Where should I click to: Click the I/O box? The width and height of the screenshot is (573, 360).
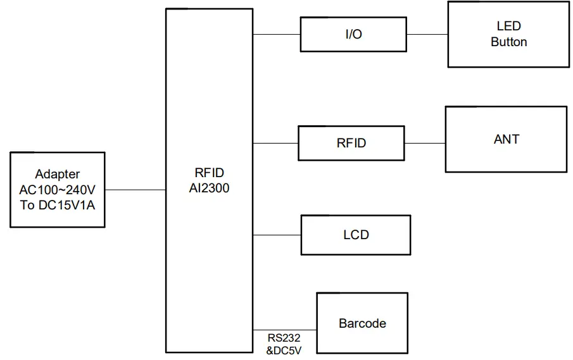353,34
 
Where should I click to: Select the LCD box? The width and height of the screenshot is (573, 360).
355,235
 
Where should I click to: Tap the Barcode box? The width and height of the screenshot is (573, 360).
362,323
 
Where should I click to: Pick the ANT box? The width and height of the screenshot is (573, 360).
506,139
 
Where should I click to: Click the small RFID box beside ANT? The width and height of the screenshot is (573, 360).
351,143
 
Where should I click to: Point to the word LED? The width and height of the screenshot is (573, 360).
508,27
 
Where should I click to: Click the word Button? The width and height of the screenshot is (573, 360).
508,42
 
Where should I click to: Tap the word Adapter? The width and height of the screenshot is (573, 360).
58,174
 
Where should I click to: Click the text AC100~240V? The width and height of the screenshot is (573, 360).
58,189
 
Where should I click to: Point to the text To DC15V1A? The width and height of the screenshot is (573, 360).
58,204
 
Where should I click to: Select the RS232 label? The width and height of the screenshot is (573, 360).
284,338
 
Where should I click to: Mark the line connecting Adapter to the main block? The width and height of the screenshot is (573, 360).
135,189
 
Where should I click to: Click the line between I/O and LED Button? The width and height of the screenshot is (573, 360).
427,34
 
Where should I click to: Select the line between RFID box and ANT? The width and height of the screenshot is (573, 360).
424,143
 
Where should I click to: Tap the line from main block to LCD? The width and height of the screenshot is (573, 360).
277,235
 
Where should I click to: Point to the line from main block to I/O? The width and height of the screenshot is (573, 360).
277,34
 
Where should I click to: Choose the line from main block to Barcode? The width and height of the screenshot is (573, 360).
285,330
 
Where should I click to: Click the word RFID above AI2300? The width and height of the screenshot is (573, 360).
209,173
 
